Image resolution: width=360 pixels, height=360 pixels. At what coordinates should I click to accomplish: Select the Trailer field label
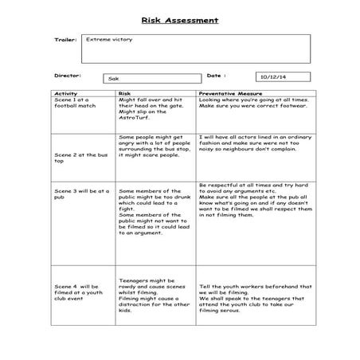65,39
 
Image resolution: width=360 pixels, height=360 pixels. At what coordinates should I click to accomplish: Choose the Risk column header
124,93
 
